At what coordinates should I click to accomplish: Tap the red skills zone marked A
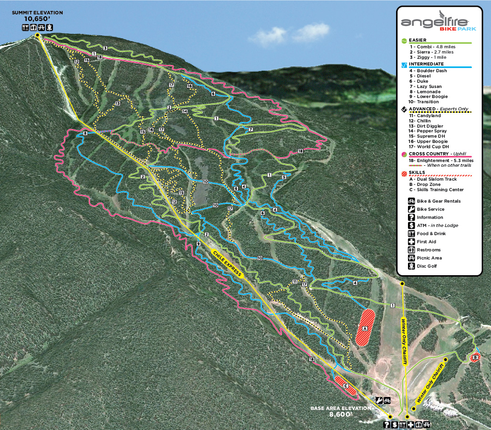[x=366, y=327]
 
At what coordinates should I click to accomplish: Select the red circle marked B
[x=475, y=357]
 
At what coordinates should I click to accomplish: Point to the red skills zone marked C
[x=345, y=386]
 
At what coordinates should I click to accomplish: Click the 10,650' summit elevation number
[x=37, y=19]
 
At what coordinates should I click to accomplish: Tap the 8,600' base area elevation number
[x=340, y=415]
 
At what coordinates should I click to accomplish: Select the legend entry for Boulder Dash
[x=428, y=71]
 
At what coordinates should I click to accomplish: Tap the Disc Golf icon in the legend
[x=411, y=266]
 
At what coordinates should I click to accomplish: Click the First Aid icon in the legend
[x=411, y=242]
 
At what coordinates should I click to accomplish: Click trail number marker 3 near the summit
[x=105, y=48]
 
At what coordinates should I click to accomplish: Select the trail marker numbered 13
[x=116, y=104]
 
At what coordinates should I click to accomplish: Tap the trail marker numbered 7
[x=251, y=129]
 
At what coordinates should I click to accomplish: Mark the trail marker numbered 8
[x=85, y=133]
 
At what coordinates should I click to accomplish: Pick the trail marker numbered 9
[x=198, y=244]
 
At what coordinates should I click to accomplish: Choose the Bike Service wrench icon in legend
[x=411, y=209]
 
